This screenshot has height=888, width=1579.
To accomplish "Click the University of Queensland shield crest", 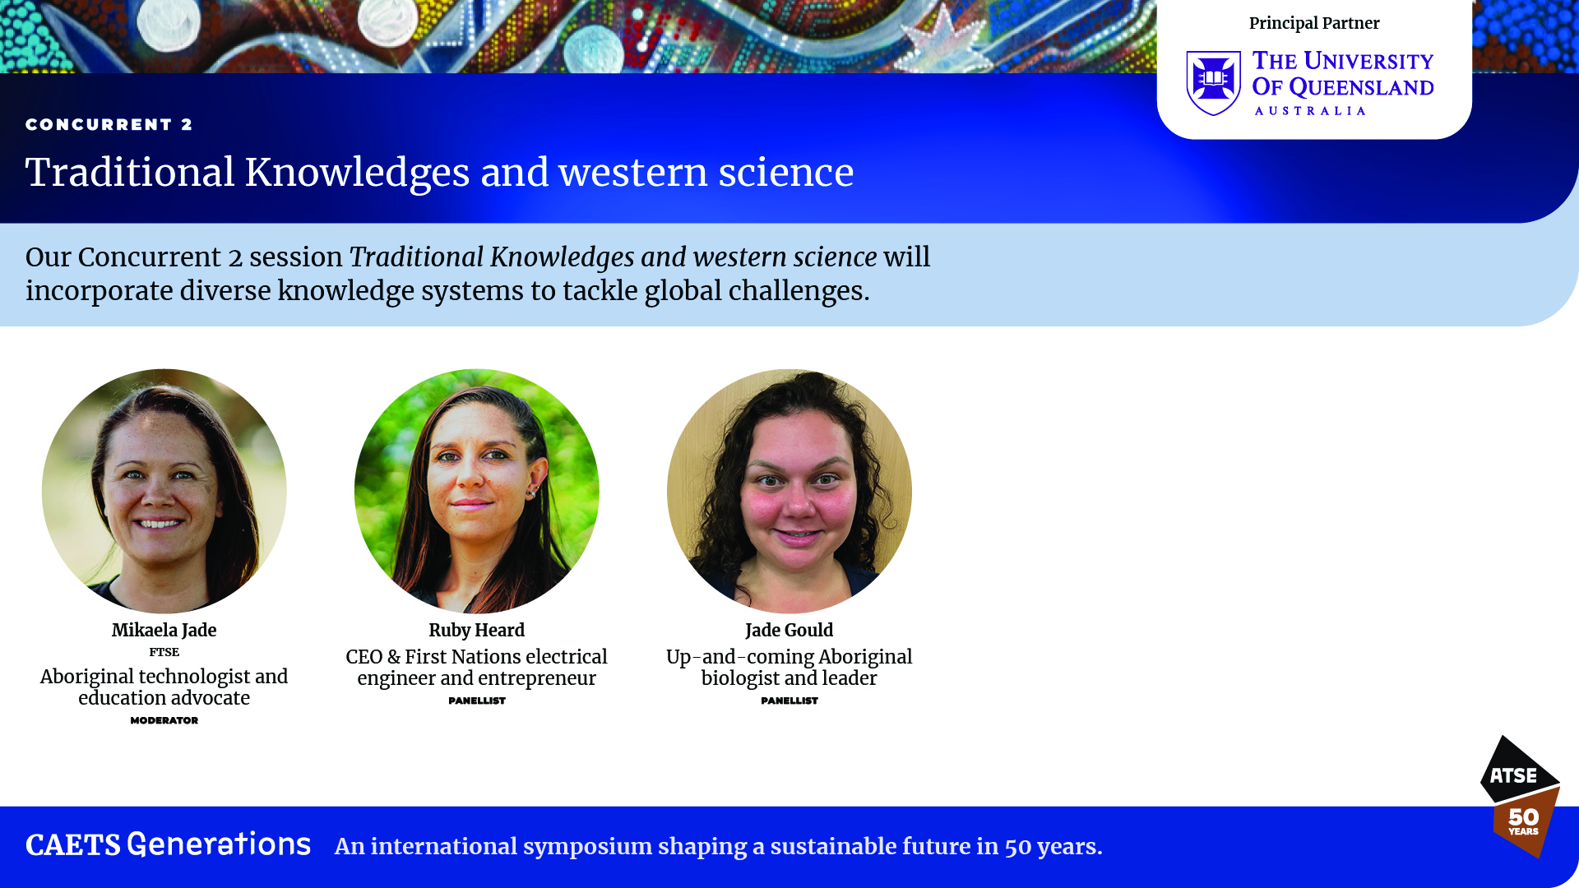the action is (1213, 83).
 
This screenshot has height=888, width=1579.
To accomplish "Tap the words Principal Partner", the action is (1314, 23).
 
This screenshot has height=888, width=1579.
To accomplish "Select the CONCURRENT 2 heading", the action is (109, 124).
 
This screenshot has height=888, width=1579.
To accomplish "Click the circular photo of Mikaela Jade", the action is (164, 491).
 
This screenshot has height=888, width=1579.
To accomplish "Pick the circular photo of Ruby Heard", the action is (477, 491).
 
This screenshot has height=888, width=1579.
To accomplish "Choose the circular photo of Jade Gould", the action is (789, 491).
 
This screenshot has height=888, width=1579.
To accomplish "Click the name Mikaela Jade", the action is (164, 630).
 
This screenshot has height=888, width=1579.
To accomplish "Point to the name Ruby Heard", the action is (477, 630).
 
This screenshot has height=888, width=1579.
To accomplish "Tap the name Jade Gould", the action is (789, 630).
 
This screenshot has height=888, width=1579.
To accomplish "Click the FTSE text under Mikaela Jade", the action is (164, 652).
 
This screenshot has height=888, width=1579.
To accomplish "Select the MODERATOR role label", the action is (164, 720).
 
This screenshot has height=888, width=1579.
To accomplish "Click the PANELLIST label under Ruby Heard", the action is (477, 701).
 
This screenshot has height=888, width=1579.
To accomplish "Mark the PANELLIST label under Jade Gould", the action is (789, 701).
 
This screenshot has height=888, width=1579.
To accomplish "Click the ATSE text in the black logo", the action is (1513, 775).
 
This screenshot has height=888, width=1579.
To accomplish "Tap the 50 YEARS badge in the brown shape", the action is (1524, 821).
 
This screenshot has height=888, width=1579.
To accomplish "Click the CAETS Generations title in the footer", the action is (169, 844).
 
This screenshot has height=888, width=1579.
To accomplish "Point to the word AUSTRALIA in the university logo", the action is (1310, 111).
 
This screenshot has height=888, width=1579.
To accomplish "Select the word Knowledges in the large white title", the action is (357, 173).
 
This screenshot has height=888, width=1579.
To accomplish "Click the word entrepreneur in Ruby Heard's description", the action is (538, 679).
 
